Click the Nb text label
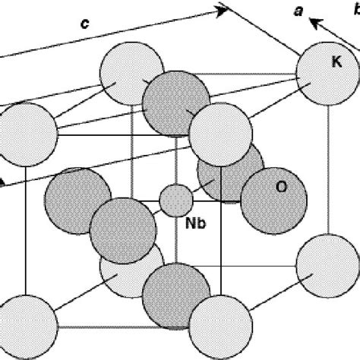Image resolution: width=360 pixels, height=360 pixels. click(x=197, y=224)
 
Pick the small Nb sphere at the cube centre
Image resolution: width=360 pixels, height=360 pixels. click(x=175, y=199)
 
